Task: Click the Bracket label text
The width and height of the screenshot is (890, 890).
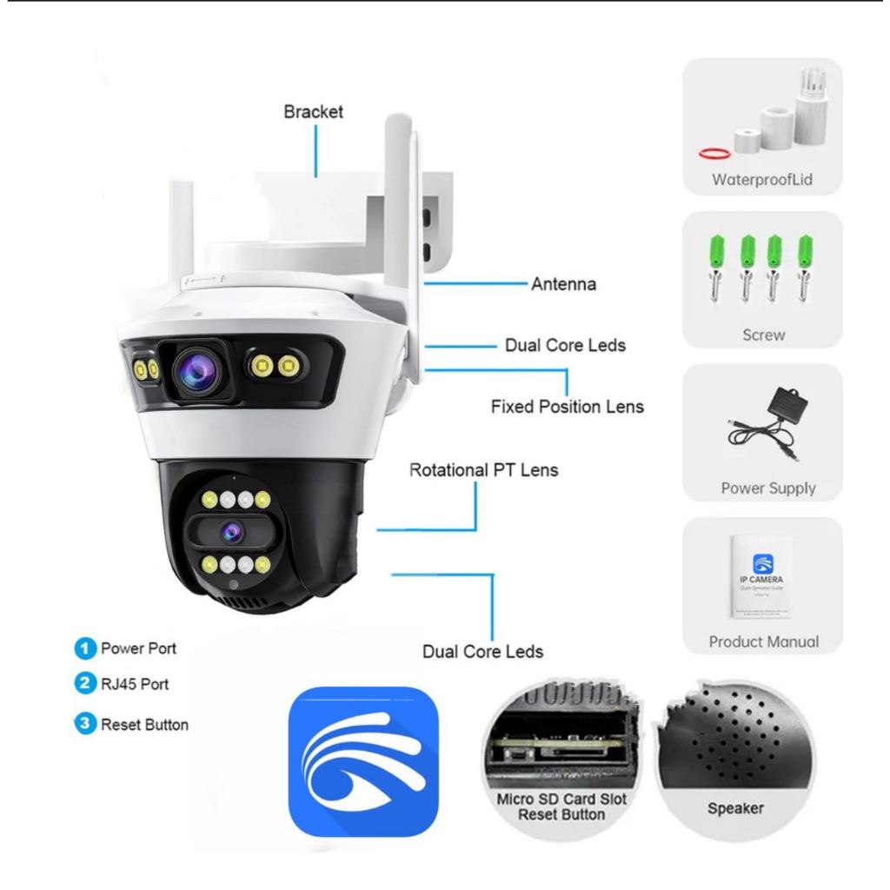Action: (x=314, y=112)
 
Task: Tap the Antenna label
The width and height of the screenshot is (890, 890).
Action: (x=563, y=284)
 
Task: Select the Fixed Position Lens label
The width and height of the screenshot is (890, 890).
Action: (x=568, y=406)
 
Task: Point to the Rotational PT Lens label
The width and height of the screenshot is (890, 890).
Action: (x=484, y=470)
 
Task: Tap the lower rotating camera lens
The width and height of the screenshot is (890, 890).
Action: (x=231, y=529)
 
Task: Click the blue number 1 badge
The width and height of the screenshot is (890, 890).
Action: (x=85, y=648)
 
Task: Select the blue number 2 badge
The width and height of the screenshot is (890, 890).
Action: (x=85, y=683)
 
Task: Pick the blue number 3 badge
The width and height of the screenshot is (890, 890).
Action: (x=85, y=724)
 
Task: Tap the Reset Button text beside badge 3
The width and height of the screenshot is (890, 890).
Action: (x=144, y=724)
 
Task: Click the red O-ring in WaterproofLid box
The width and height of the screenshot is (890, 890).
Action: (x=714, y=153)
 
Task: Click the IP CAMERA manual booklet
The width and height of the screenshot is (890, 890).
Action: (x=759, y=575)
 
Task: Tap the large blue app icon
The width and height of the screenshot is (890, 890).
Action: (x=363, y=762)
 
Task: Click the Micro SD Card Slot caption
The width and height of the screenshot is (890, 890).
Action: (x=561, y=799)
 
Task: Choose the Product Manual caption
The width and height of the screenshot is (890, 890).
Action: (x=763, y=641)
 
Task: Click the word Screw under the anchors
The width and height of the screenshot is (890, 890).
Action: (x=763, y=334)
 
